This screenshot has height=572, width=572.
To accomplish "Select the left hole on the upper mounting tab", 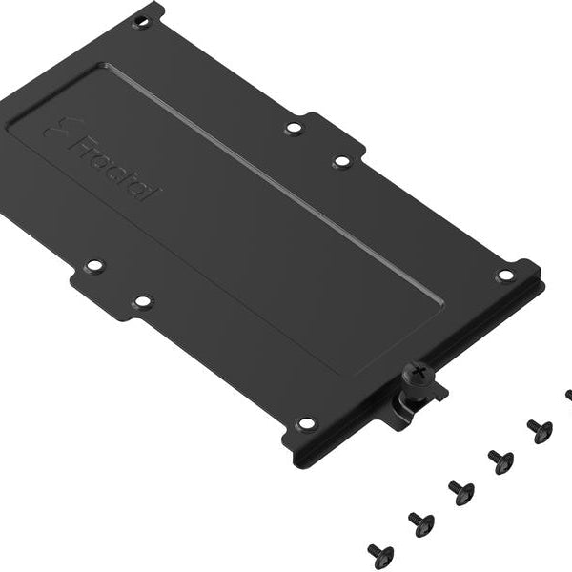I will tap(294, 127).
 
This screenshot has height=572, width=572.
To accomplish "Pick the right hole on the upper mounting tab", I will tap(340, 162).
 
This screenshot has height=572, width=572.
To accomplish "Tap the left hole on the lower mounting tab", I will tap(94, 267).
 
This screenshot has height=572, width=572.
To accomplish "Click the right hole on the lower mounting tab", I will tap(141, 302).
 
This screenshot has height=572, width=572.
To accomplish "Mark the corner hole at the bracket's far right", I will tap(504, 276).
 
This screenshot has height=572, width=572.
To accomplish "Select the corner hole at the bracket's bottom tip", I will tap(305, 422).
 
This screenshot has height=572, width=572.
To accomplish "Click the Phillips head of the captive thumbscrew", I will tap(417, 374).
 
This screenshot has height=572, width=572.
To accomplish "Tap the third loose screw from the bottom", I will tap(460, 492).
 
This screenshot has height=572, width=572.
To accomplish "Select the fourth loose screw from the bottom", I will tap(500, 461).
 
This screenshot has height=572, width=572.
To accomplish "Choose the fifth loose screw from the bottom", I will tap(540, 431).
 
